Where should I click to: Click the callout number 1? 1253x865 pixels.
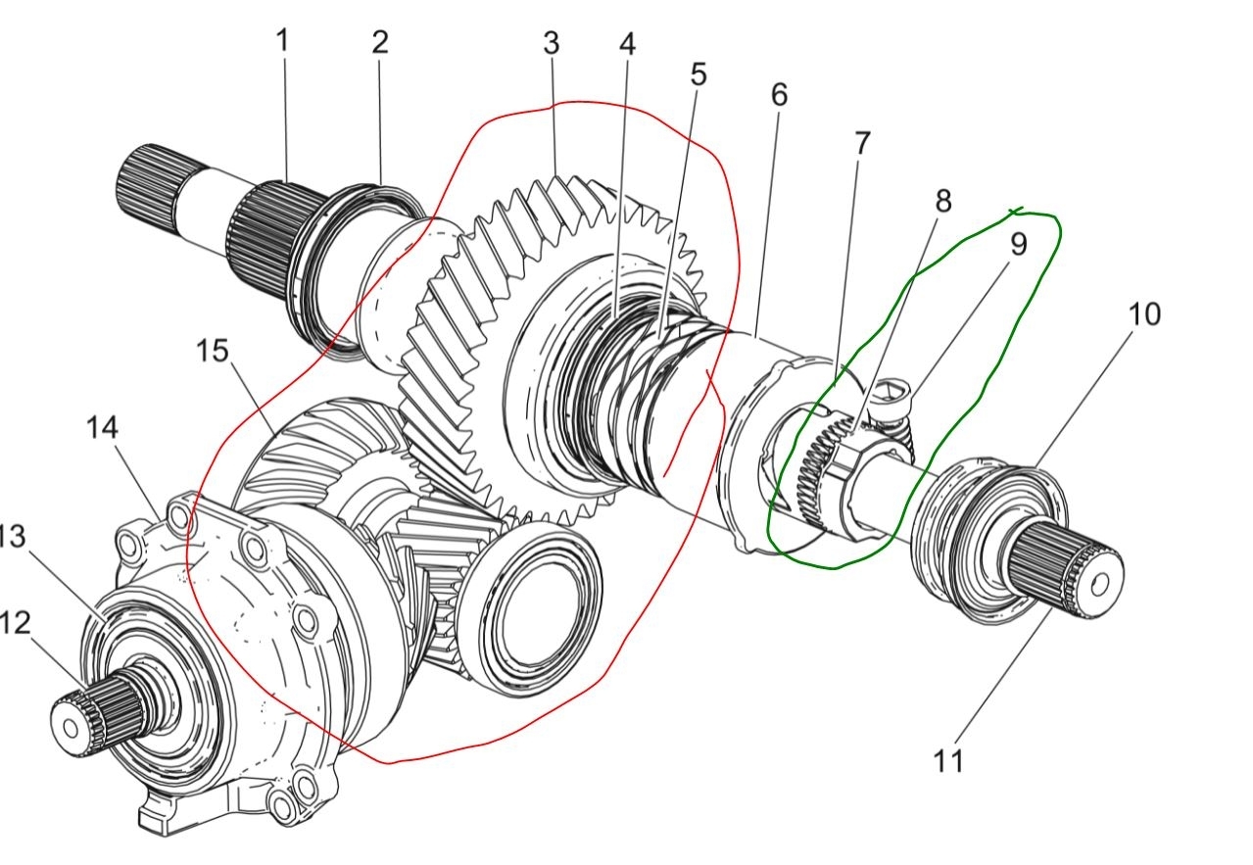coord(282,42)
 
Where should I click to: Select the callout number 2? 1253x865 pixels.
coord(380,42)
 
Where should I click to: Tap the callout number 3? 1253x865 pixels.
coord(551,44)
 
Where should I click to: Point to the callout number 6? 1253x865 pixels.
coord(779,95)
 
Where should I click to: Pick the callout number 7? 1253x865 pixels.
coord(861,144)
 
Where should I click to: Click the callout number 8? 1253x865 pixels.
coord(942,202)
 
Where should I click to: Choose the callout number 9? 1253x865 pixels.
coord(1018,244)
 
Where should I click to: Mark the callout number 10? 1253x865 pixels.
coord(1143,314)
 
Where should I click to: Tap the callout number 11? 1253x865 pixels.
coord(947,760)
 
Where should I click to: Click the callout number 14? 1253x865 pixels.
coord(102,427)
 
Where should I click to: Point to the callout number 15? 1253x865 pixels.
coord(214,350)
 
